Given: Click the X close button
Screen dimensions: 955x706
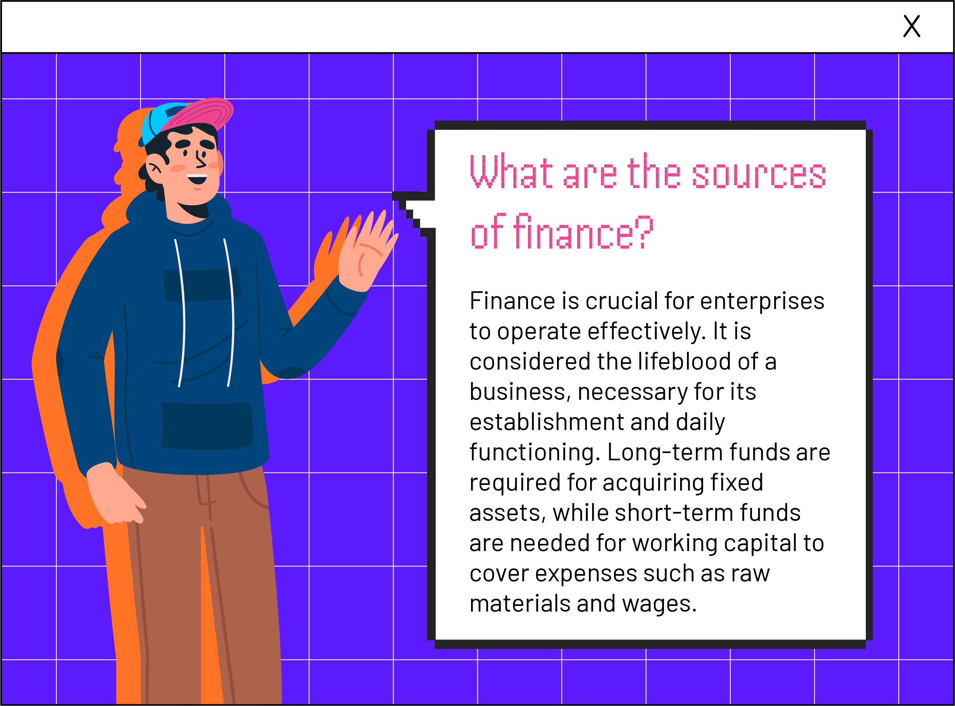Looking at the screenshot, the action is click(x=911, y=26).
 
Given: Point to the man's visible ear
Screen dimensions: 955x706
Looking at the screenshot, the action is click(x=155, y=169).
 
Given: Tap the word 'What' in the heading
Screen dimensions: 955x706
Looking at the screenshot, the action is click(x=511, y=171).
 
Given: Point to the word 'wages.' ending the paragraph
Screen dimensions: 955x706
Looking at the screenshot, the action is click(x=659, y=604).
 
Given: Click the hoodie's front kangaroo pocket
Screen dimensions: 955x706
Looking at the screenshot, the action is click(x=207, y=426).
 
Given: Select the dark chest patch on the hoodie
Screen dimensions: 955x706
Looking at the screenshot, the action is click(x=202, y=285).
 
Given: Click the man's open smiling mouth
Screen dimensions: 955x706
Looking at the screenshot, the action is click(x=197, y=179).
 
